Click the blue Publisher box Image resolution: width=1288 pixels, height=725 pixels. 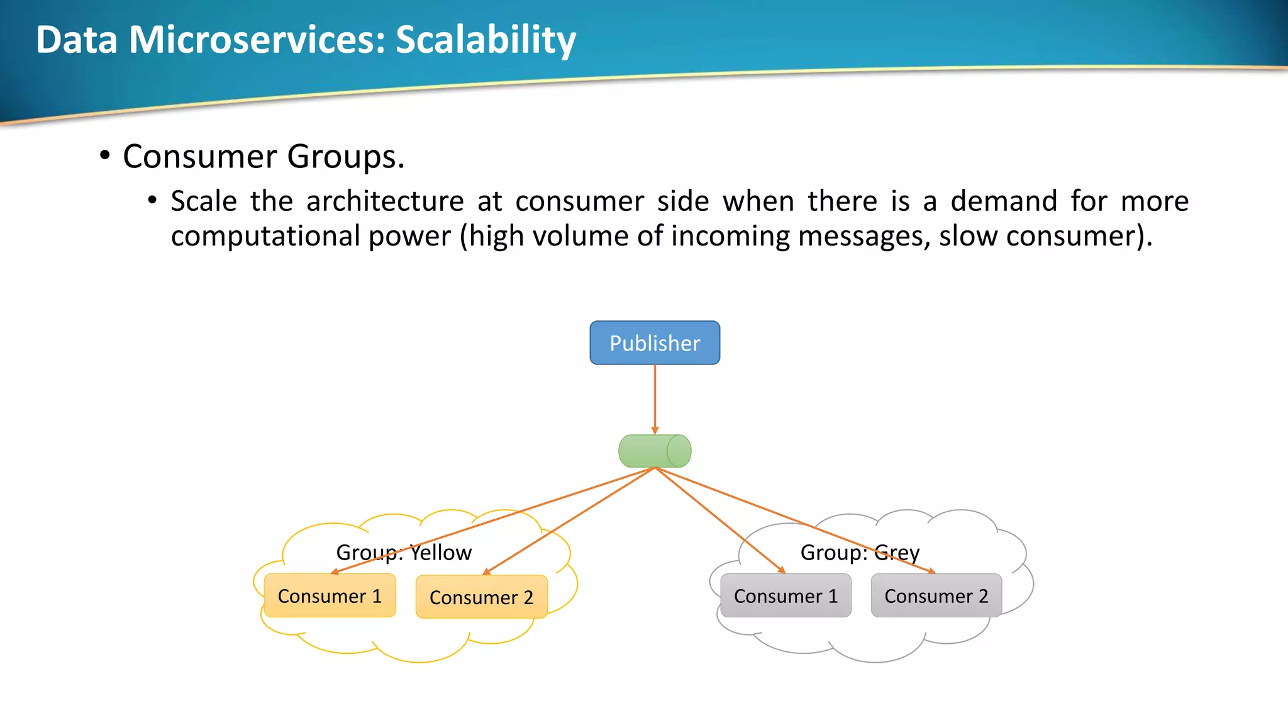[x=655, y=343]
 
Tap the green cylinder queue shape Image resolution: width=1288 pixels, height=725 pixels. [x=655, y=451]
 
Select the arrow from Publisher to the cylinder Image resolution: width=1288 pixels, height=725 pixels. [x=655, y=399]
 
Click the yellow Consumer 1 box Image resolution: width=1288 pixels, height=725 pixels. [x=330, y=596]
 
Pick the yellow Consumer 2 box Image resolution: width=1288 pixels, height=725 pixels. [x=481, y=597]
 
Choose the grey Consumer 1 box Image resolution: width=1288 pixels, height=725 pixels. [x=786, y=596]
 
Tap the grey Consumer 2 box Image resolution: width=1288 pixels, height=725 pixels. [x=936, y=596]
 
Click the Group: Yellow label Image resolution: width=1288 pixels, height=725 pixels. [x=404, y=553]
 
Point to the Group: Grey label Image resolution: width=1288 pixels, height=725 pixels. [x=860, y=553]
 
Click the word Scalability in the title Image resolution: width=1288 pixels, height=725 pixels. [x=486, y=40]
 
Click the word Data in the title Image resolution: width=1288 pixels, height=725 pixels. [x=77, y=40]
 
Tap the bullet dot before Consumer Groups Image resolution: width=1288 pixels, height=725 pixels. [x=105, y=155]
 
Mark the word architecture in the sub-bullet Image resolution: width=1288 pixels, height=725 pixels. [x=385, y=201]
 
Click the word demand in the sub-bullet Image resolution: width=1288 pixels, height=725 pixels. [x=1004, y=201]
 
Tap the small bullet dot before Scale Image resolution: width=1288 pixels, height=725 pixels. [x=152, y=201]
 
